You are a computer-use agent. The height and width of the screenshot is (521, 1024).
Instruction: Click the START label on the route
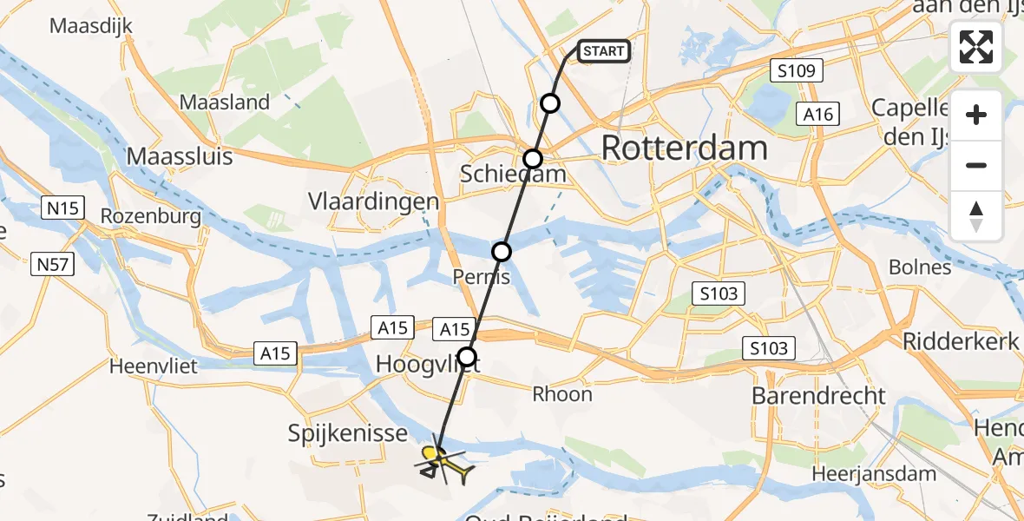tap(603, 51)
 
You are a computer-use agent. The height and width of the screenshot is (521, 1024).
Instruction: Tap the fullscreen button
tap(976, 47)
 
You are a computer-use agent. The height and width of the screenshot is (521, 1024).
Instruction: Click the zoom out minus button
tap(976, 165)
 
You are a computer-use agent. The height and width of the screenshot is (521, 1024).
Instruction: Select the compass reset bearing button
tap(976, 215)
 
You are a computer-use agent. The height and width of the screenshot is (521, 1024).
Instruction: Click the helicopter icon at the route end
tap(444, 465)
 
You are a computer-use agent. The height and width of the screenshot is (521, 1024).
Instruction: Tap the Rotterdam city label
tap(684, 148)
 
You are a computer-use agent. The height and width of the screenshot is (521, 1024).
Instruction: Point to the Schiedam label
tap(513, 175)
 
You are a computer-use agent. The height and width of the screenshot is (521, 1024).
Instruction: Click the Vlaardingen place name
tap(373, 201)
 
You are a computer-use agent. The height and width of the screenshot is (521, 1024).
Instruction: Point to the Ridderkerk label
tap(961, 341)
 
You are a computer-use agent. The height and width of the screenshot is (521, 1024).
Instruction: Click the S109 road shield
tap(797, 71)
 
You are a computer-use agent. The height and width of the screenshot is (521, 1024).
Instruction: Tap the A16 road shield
tap(817, 114)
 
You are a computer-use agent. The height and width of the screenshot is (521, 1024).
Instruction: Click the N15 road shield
tap(61, 208)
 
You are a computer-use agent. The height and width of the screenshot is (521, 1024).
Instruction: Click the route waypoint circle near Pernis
tap(502, 252)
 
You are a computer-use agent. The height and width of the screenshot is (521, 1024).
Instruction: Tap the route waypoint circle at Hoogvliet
tap(468, 356)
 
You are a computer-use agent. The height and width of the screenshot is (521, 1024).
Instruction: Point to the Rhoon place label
tap(562, 394)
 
